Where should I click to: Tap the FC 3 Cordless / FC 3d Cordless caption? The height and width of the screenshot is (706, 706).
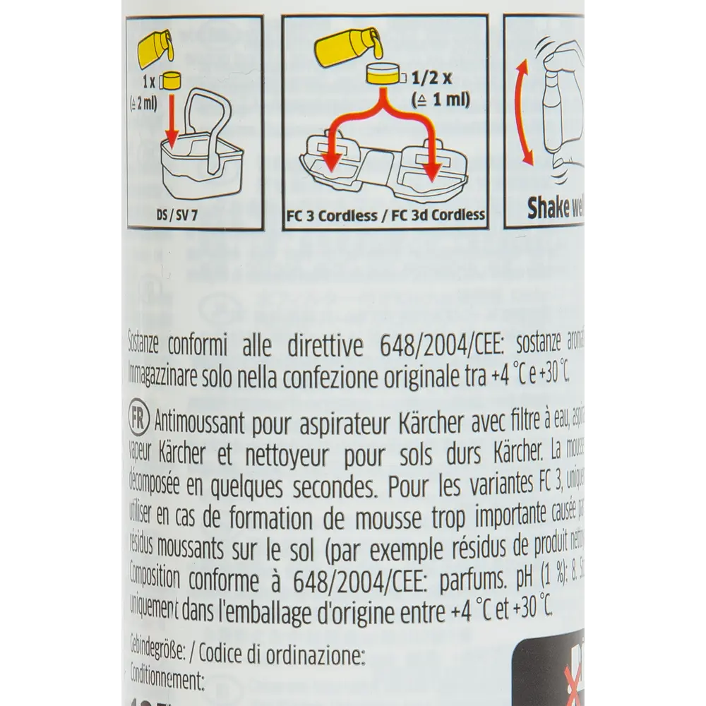coord(385,215)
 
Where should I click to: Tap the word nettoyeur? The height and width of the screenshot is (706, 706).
coord(306,450)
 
